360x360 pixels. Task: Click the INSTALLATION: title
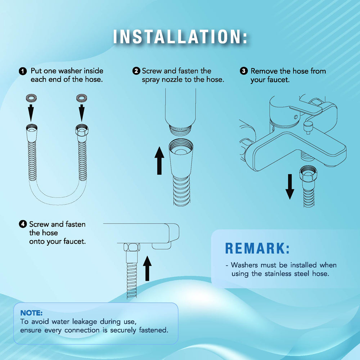[180, 36]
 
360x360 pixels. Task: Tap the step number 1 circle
[23, 71]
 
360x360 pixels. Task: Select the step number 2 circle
[136, 71]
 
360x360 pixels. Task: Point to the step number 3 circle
[244, 71]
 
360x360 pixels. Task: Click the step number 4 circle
[23, 224]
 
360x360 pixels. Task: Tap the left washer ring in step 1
[31, 98]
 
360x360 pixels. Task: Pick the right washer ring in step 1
[81, 98]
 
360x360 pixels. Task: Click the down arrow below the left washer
[31, 113]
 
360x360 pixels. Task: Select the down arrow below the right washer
[81, 113]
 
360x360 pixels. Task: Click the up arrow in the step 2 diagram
[159, 161]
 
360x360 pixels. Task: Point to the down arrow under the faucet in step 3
[290, 186]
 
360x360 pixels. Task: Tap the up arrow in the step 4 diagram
[147, 268]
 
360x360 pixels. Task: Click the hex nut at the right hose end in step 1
[82, 130]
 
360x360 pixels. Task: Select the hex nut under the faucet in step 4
[132, 247]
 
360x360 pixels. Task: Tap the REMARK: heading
[257, 248]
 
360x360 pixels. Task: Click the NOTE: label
[31, 313]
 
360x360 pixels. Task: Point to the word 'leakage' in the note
[85, 322]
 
